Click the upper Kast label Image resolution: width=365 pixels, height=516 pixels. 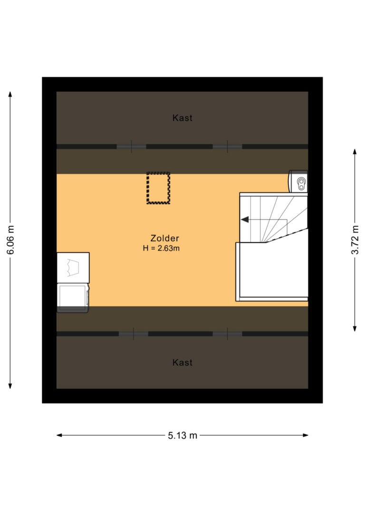click(182, 118)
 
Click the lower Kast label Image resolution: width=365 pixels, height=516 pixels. click(182, 363)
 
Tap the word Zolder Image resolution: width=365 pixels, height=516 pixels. click(164, 238)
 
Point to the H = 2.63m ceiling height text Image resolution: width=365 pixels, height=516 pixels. click(161, 248)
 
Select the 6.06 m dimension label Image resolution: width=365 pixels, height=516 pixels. click(10, 240)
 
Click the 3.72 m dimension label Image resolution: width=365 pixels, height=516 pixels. click(355, 240)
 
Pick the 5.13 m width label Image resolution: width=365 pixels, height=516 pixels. click(182, 435)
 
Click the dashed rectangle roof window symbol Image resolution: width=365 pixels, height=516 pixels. click(158, 188)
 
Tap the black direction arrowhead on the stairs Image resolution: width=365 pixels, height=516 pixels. click(245, 220)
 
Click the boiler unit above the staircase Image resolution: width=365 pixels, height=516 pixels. click(298, 182)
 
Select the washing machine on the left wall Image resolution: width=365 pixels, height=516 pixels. click(73, 298)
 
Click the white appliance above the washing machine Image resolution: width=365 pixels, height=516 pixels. click(73, 268)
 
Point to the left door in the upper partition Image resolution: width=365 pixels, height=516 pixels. click(131, 146)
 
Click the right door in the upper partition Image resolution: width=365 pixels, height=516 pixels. click(228, 146)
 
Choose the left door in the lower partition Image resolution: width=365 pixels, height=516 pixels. click(133, 334)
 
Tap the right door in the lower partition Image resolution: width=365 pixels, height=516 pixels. click(228, 334)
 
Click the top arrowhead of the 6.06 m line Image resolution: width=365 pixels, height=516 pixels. click(10, 94)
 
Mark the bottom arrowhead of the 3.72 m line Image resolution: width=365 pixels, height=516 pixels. click(355, 328)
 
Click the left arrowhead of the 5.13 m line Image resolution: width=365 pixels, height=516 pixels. click(59, 435)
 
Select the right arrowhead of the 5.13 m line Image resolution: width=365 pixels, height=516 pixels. click(306, 435)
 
